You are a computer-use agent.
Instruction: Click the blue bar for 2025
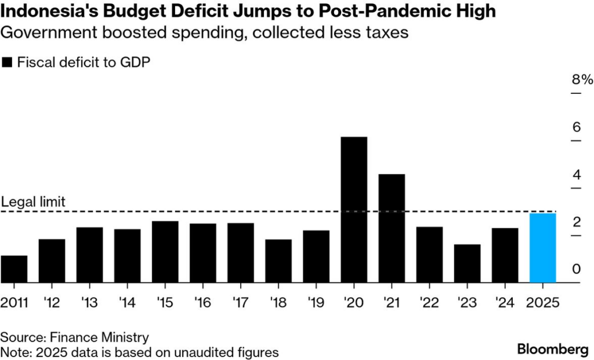542,248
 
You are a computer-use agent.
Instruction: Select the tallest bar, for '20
354,210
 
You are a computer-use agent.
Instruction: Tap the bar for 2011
14,269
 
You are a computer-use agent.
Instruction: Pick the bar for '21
392,228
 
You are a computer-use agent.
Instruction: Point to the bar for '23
467,263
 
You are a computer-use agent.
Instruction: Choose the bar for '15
165,252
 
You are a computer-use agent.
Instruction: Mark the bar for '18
278,261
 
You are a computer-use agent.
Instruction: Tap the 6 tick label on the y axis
577,127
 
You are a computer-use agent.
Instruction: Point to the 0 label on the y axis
577,269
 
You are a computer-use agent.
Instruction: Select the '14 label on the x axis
127,303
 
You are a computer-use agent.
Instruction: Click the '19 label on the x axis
316,303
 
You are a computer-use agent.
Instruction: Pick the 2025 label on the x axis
542,303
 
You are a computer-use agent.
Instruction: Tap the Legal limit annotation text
33,202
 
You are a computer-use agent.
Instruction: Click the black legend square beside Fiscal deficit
7,62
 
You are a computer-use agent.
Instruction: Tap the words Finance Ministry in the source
100,337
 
